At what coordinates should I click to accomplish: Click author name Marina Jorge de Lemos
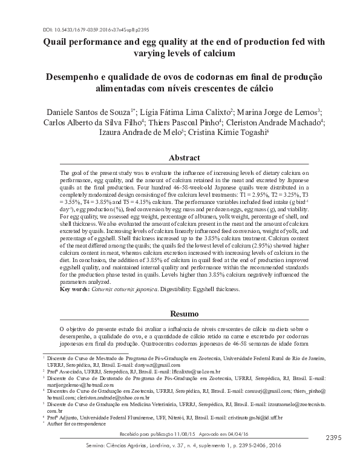coord(278,112)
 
